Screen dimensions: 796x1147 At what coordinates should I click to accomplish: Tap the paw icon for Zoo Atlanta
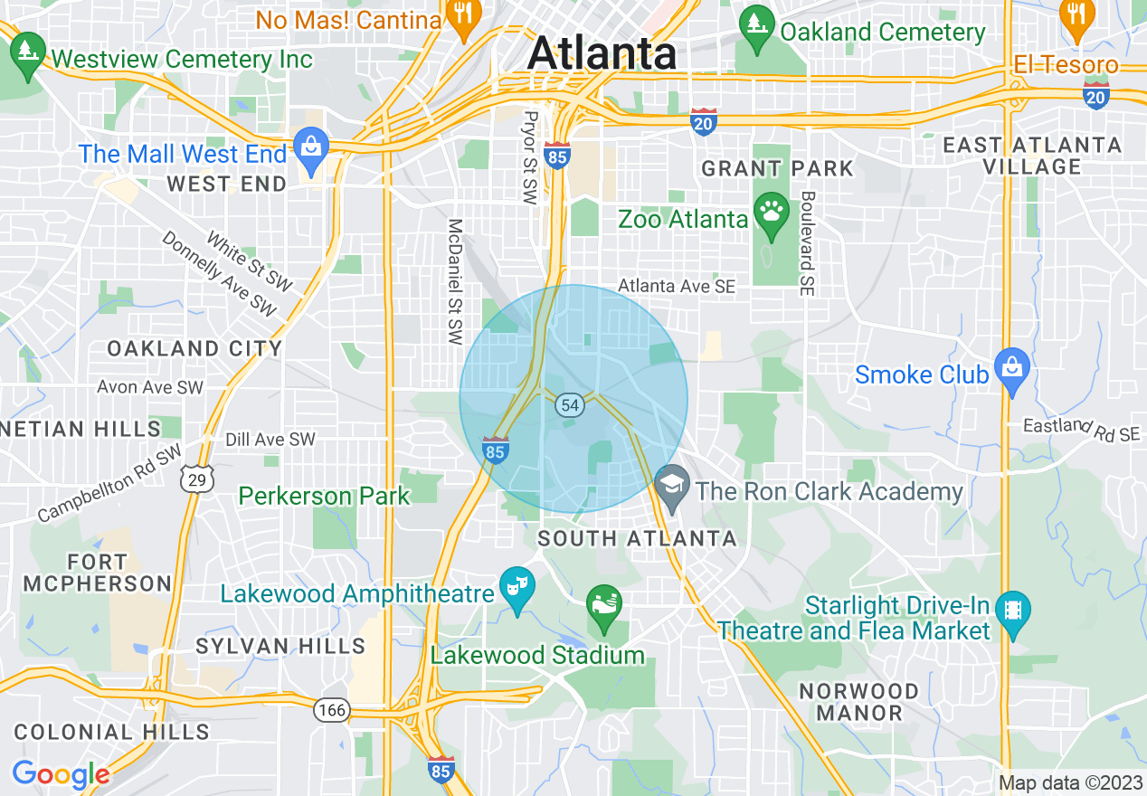click(x=770, y=213)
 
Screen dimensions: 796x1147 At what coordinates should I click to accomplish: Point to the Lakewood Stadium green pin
click(x=603, y=604)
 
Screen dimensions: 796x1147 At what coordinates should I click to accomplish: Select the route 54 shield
click(x=569, y=404)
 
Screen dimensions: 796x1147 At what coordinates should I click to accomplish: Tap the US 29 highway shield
click(x=198, y=479)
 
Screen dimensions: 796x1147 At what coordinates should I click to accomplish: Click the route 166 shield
click(x=331, y=710)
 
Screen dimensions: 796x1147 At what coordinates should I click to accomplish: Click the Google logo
click(x=61, y=774)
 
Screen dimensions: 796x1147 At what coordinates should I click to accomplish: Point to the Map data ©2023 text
click(x=1070, y=782)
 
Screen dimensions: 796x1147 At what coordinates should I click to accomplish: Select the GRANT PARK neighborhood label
click(x=777, y=168)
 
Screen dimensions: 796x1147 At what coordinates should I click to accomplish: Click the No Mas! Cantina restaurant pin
click(x=462, y=15)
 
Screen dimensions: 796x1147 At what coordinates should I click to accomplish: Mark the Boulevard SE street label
click(x=808, y=242)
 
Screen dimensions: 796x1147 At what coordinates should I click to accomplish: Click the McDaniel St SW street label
click(x=455, y=281)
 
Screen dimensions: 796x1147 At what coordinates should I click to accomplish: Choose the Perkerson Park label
click(x=324, y=496)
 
